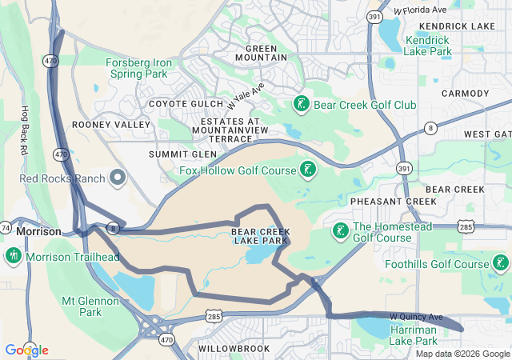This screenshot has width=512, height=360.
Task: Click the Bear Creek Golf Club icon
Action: tap(301, 104)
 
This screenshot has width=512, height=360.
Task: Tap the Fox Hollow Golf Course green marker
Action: tap(307, 169)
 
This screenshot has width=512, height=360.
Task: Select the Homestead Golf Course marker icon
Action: tap(340, 231)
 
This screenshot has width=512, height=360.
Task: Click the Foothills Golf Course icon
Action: tap(501, 263)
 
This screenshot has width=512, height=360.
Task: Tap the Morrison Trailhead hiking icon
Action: tap(13, 257)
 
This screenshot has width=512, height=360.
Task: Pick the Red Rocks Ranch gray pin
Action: tap(118, 178)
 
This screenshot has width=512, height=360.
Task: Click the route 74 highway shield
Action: tap(5, 229)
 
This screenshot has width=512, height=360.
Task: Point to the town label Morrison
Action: tap(38, 231)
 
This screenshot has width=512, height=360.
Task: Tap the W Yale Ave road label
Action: tap(245, 98)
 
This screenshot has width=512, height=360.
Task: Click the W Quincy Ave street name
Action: tap(416, 317)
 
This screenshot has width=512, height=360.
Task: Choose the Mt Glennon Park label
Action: tap(90, 306)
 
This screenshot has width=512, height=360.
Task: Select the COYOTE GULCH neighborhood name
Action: tap(183, 104)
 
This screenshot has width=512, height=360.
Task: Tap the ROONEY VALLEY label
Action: tap(111, 125)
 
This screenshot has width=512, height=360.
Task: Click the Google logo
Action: tap(26, 350)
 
